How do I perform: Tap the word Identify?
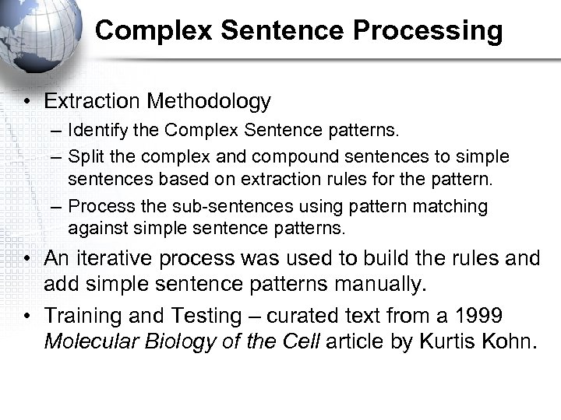click(94, 127)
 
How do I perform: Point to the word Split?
click(84, 156)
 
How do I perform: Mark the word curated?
click(300, 316)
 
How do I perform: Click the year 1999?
click(479, 316)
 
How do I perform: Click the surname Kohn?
click(510, 342)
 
